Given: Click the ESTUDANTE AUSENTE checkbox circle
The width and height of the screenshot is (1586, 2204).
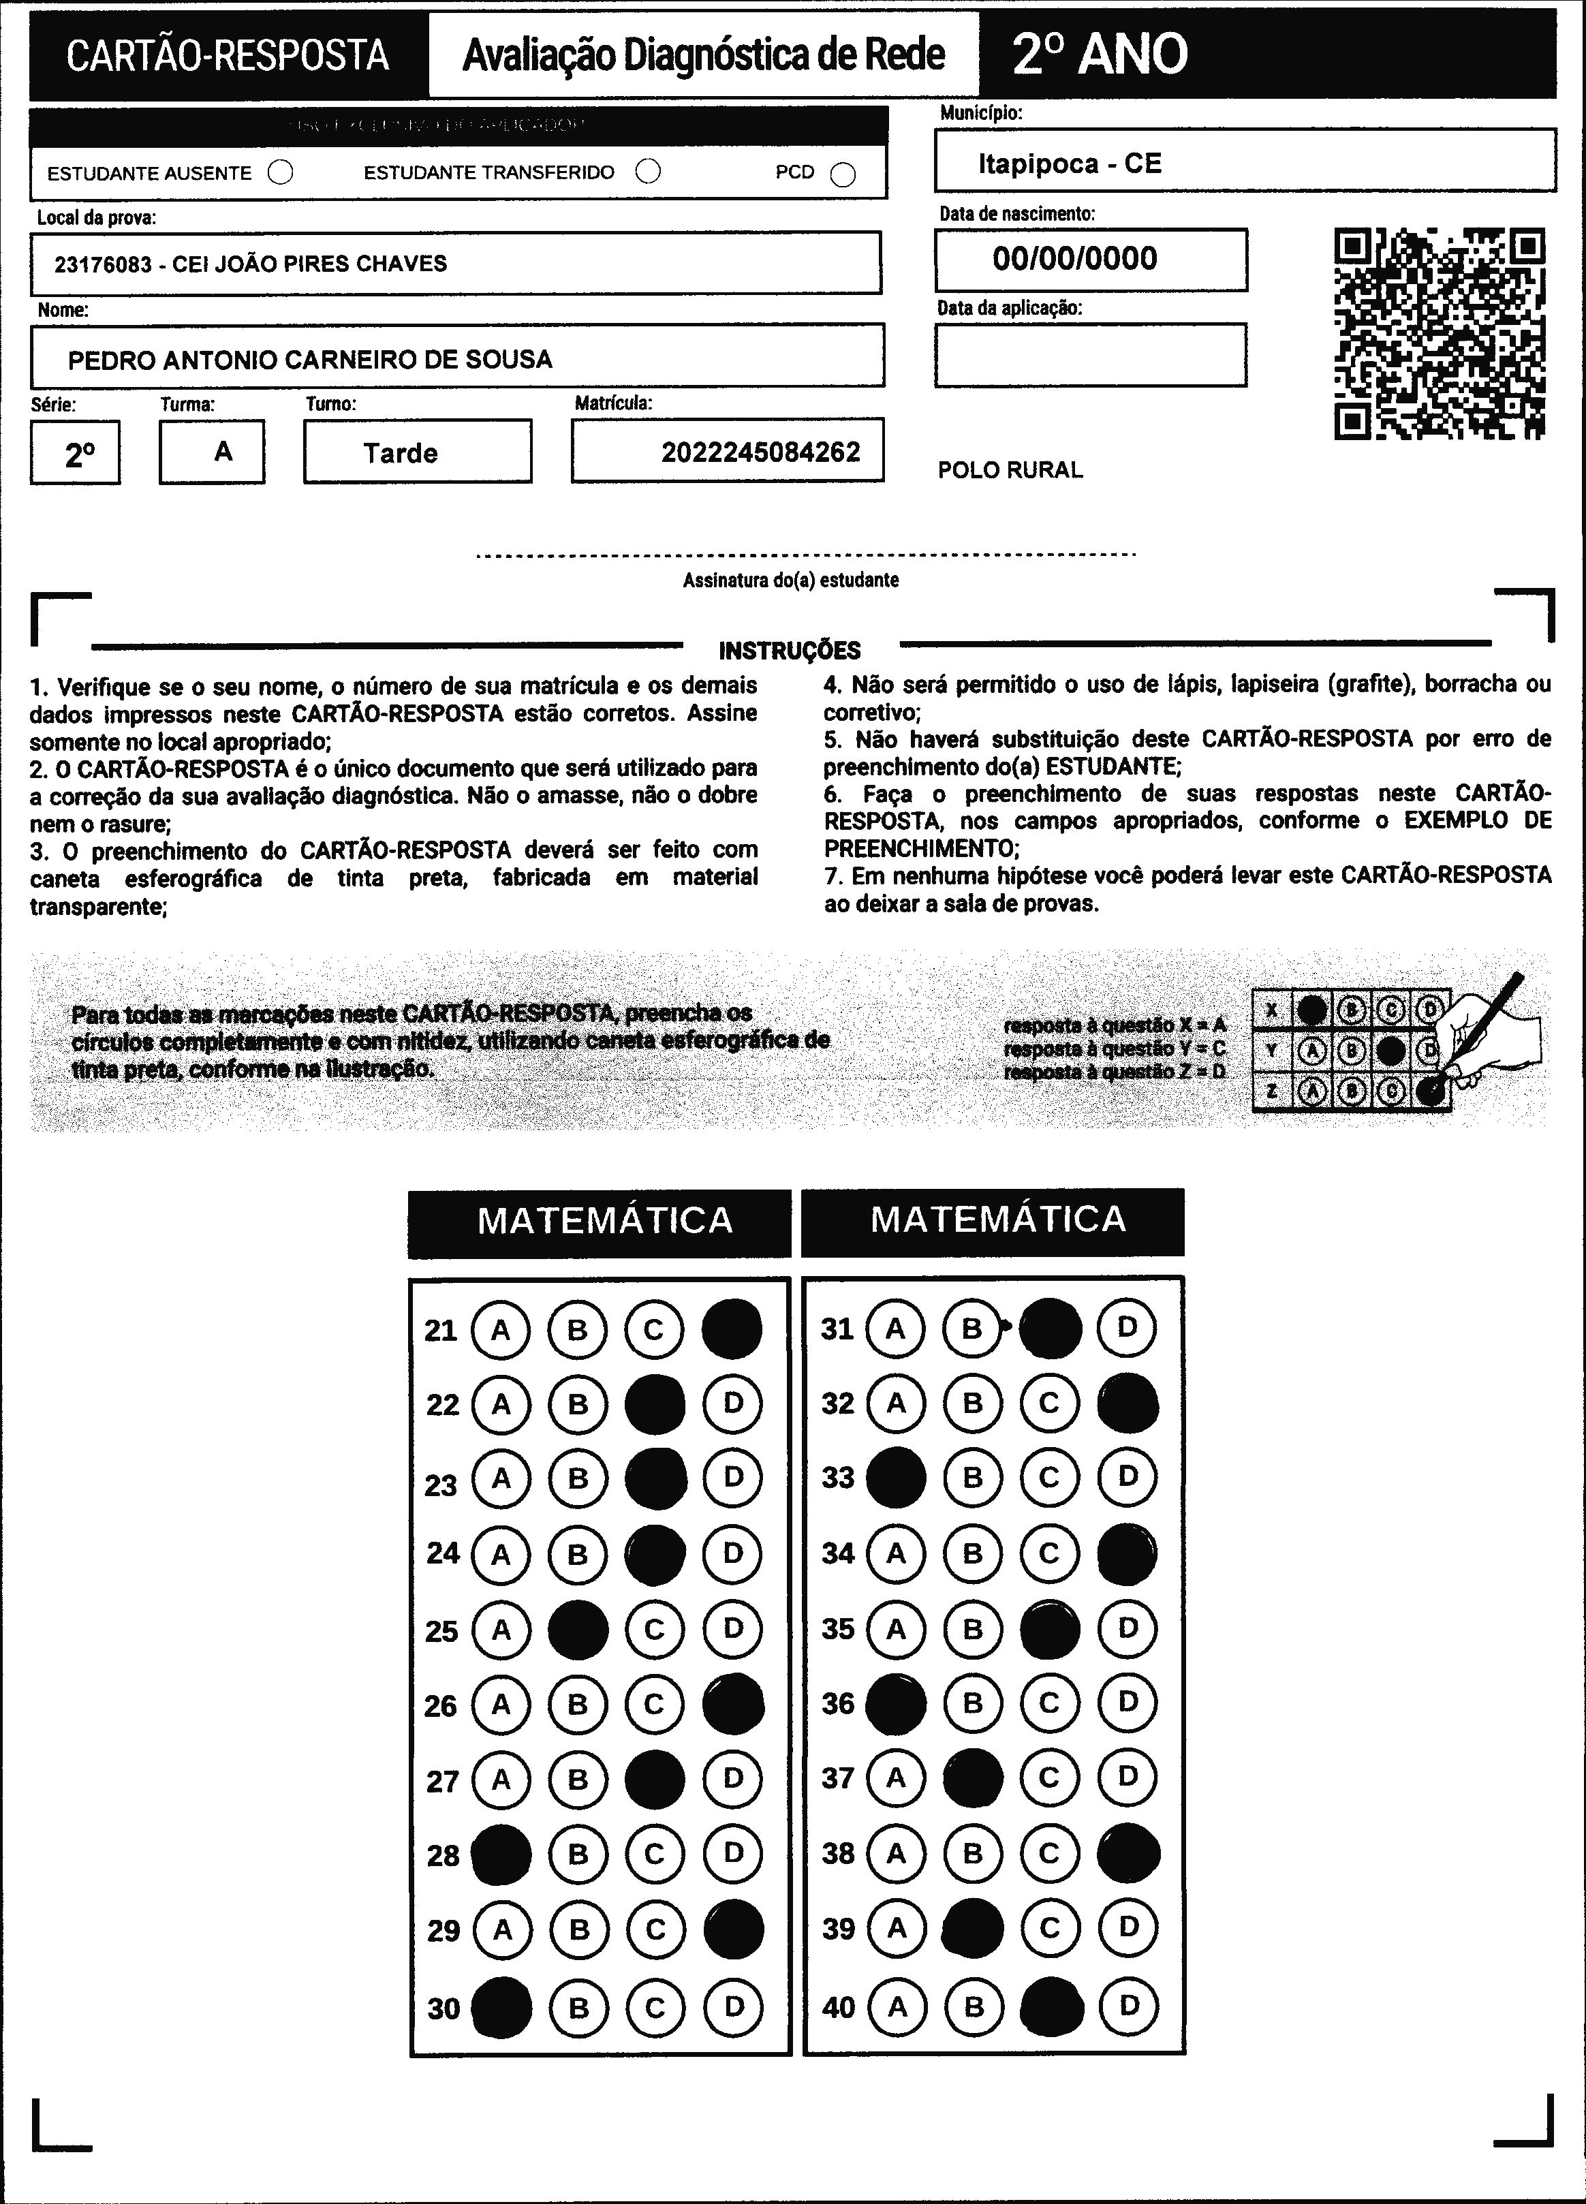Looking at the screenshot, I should coord(281,173).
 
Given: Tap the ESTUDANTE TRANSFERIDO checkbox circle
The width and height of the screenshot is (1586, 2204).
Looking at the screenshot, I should coord(648,172).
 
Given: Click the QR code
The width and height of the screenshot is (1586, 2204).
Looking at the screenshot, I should coord(1440,333).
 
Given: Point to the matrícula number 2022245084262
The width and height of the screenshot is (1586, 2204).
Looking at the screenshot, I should coord(760,452).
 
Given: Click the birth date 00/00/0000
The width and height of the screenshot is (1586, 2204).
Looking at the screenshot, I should coord(1075,258).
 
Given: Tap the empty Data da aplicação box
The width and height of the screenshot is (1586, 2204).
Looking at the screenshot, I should coord(1090,355).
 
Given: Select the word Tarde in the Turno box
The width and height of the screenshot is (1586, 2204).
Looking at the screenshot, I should coord(401,453).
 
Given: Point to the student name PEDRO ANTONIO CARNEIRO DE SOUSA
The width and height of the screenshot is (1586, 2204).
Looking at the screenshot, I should coord(310,360).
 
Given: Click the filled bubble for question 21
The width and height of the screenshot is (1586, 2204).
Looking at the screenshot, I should coord(732,1329).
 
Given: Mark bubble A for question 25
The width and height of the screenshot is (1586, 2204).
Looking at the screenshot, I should coord(501,1630).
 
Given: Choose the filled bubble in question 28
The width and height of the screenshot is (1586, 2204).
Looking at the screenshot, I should coord(501,1854).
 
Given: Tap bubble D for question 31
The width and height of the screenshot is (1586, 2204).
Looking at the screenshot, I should coord(1128,1326).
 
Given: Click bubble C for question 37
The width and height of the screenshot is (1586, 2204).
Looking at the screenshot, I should coord(1050,1778).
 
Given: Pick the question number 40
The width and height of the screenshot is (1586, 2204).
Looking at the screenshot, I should coord(839,2006).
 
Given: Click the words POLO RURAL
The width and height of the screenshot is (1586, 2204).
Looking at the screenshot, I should coord(1010,470).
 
